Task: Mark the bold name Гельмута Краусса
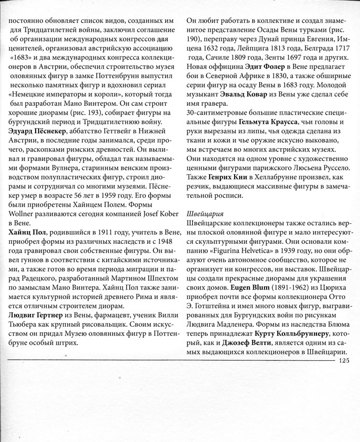(271, 123)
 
